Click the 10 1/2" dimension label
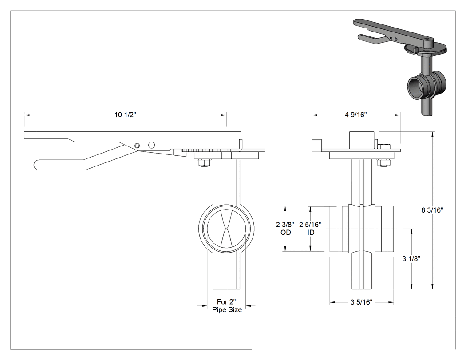pyautogui.click(x=125, y=115)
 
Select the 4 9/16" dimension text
pyautogui.click(x=356, y=115)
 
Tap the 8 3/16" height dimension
pyautogui.click(x=432, y=210)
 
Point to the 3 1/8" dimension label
pyautogui.click(x=411, y=259)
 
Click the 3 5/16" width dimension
pyautogui.click(x=361, y=302)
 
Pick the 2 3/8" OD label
pyautogui.click(x=285, y=228)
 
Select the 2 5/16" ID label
pyautogui.click(x=310, y=228)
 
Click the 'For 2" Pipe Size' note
pyautogui.click(x=227, y=306)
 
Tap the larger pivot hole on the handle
pyautogui.click(x=152, y=145)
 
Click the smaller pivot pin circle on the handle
pyautogui.click(x=137, y=145)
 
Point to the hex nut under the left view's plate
pyautogui.click(x=204, y=163)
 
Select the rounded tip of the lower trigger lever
pyautogui.click(x=36, y=165)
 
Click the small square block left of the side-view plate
pyautogui.click(x=317, y=145)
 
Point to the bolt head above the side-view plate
pyautogui.click(x=384, y=146)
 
